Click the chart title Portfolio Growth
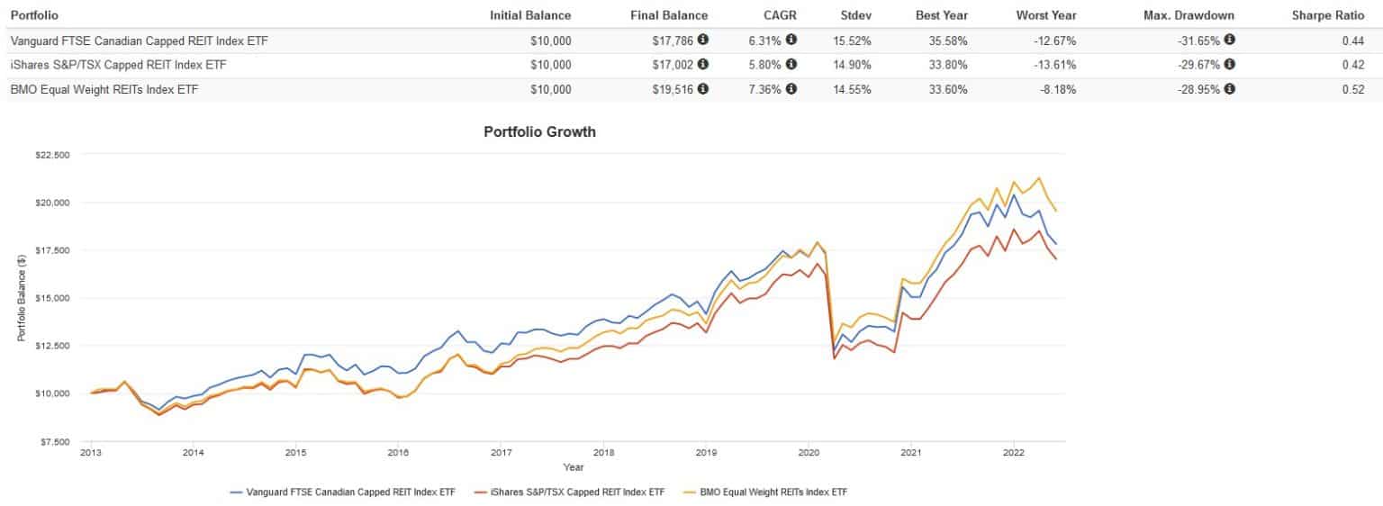[x=539, y=131]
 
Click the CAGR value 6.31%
[x=764, y=41]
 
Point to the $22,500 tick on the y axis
[x=52, y=155]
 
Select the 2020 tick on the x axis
[x=809, y=453]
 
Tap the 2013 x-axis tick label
[x=91, y=453]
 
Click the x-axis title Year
[x=573, y=467]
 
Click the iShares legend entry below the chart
[x=570, y=492]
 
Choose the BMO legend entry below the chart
[x=776, y=492]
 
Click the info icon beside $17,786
[x=702, y=41]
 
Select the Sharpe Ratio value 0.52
[x=1352, y=89]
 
